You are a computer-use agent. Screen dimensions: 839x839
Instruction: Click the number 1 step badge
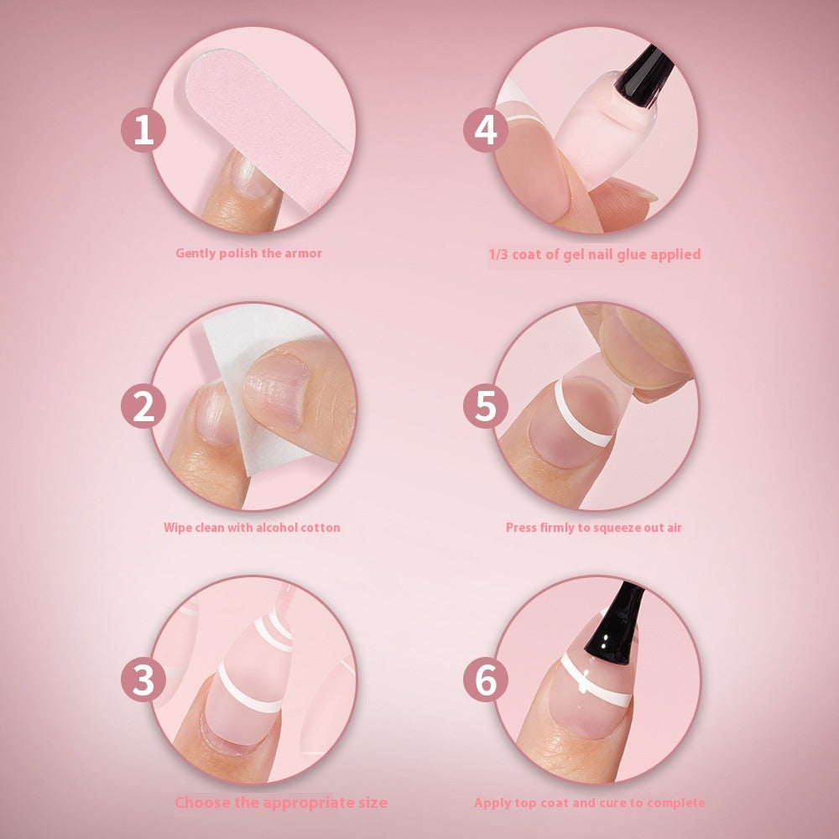[143, 132]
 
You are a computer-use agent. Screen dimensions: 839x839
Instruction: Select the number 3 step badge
[143, 680]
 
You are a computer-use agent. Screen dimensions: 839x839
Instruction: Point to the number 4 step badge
[486, 132]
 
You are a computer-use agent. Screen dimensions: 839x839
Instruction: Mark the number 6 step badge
[486, 680]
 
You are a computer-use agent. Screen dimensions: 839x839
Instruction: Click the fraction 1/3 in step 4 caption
[500, 253]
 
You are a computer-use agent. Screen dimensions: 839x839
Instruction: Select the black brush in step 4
[638, 71]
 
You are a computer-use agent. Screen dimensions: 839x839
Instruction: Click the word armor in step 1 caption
[302, 253]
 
